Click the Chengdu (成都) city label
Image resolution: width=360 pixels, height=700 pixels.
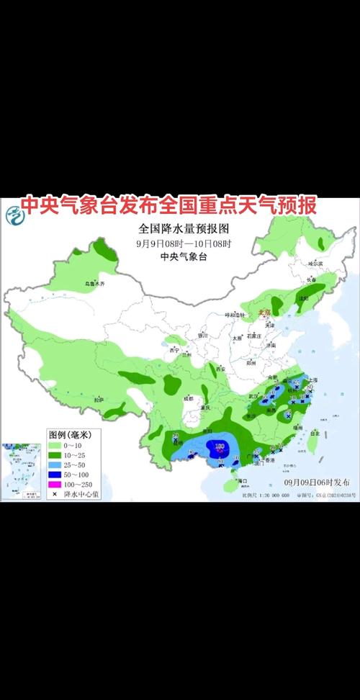coord(189,398)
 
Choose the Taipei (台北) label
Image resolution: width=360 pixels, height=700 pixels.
coord(315,434)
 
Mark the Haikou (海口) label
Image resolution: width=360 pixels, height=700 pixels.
coord(243,480)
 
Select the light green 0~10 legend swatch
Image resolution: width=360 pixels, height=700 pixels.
coord(56,446)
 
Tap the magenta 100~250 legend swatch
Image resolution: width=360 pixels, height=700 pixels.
coord(56,485)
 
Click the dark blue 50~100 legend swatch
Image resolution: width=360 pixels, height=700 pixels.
coord(56,475)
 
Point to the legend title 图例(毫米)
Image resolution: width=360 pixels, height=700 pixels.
coord(74,435)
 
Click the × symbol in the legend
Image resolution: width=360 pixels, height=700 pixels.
coord(55,495)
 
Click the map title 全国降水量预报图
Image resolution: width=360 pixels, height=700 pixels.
coord(184,229)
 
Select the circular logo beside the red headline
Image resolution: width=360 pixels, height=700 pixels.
coord(12,213)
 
